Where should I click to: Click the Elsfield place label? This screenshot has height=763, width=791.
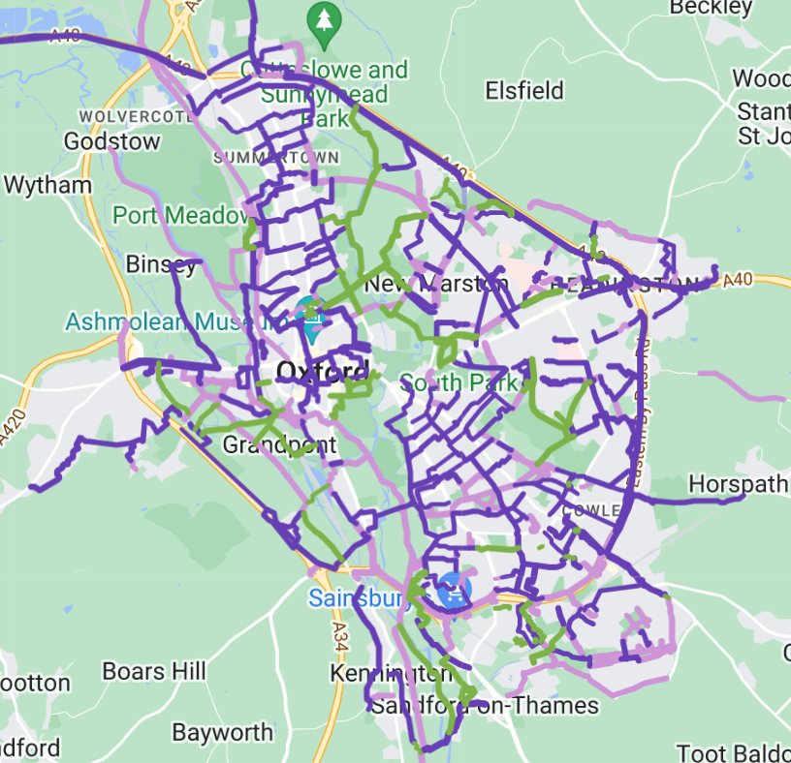click(524, 91)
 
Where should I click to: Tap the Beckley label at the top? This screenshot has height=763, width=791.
click(711, 8)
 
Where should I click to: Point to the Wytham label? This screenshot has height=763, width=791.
click(47, 184)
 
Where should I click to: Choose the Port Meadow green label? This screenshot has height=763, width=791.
click(181, 215)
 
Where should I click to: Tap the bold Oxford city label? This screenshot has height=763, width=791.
click(322, 371)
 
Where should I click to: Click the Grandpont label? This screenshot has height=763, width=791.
click(279, 444)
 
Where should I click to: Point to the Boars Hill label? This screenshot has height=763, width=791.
click(153, 671)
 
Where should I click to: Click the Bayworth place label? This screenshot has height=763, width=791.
click(223, 732)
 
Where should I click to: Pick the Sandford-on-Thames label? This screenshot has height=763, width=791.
click(485, 705)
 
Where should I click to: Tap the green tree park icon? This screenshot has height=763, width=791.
click(322, 19)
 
